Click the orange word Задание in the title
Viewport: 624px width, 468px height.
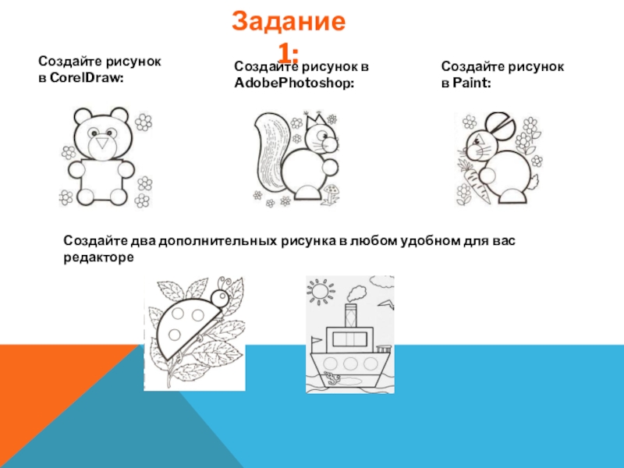click(289, 22)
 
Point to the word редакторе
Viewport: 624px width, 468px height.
click(99, 258)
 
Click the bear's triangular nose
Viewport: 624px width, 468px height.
click(103, 143)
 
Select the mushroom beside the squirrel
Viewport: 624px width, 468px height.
click(331, 193)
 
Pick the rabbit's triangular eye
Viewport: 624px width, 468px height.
click(477, 140)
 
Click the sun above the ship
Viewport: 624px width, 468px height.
click(321, 291)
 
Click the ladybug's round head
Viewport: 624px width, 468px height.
click(220, 298)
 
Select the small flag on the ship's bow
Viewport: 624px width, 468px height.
click(316, 340)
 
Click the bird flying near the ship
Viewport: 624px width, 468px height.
click(386, 304)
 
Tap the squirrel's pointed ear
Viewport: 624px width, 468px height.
click(317, 119)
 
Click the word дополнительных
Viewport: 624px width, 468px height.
click(218, 241)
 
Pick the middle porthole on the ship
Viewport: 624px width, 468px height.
click(350, 363)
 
